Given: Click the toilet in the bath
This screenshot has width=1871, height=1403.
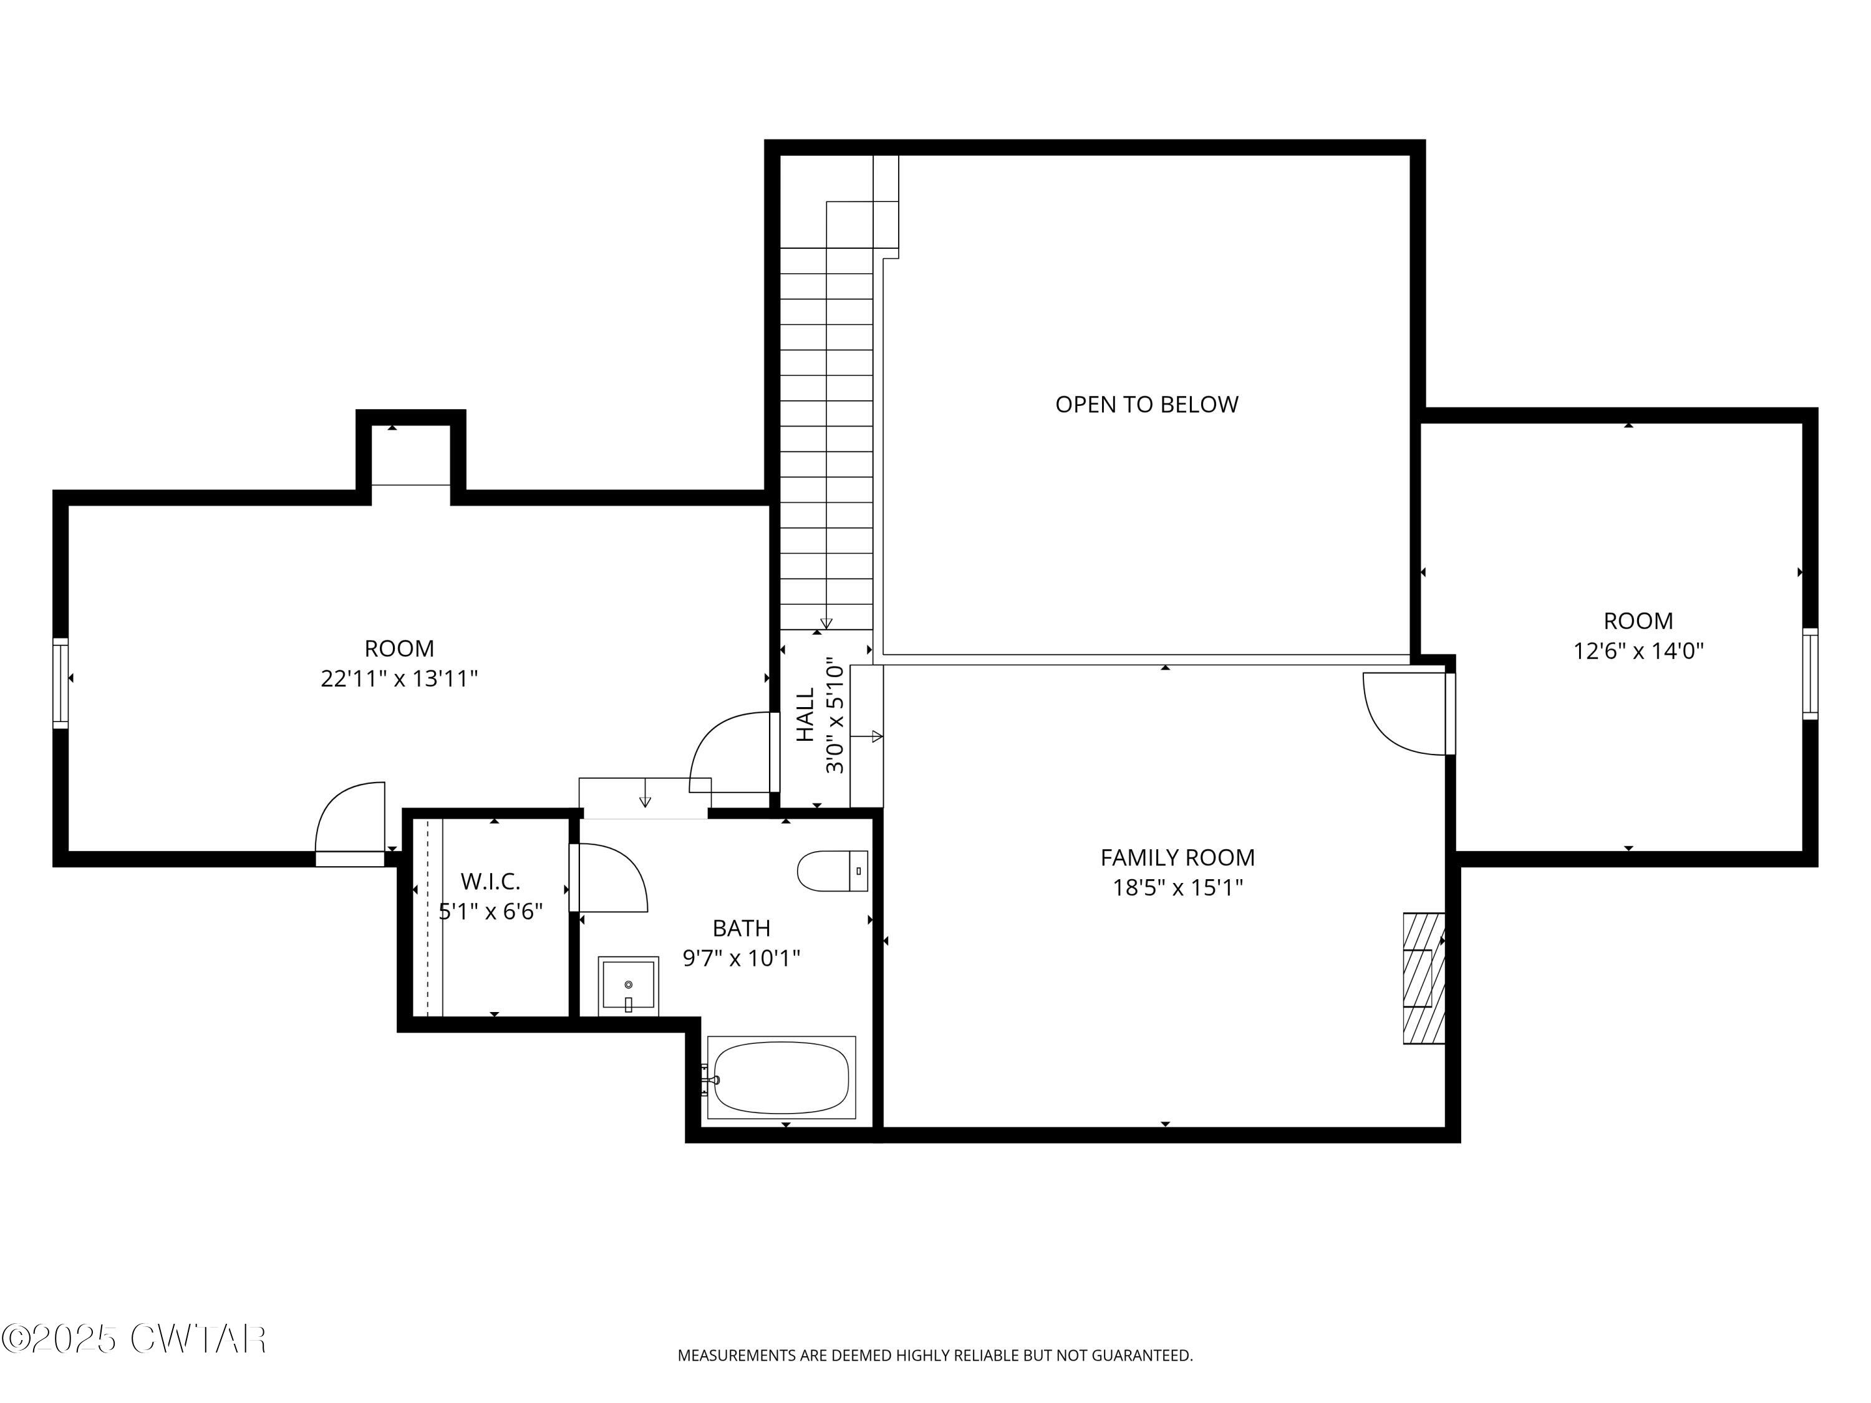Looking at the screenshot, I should pyautogui.click(x=831, y=871).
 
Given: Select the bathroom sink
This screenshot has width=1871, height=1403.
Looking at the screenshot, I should pyautogui.click(x=627, y=986).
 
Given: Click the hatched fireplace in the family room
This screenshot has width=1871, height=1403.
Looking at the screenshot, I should pyautogui.click(x=1424, y=978).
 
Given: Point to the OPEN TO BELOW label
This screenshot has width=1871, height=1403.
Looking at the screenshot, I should pyautogui.click(x=1146, y=404).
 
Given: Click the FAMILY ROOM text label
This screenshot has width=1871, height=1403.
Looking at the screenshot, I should pyautogui.click(x=1177, y=857).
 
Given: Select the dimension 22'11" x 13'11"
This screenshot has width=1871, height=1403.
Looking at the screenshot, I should pyautogui.click(x=399, y=679).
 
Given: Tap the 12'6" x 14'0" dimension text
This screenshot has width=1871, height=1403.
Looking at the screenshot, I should pyautogui.click(x=1638, y=651).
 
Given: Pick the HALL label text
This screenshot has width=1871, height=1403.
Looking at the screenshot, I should pyautogui.click(x=805, y=715).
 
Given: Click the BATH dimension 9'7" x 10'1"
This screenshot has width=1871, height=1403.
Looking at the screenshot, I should pyautogui.click(x=741, y=958).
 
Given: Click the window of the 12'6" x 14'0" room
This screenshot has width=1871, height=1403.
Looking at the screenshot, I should pyautogui.click(x=1809, y=674).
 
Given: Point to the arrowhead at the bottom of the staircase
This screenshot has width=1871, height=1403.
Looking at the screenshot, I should pyautogui.click(x=826, y=624).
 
